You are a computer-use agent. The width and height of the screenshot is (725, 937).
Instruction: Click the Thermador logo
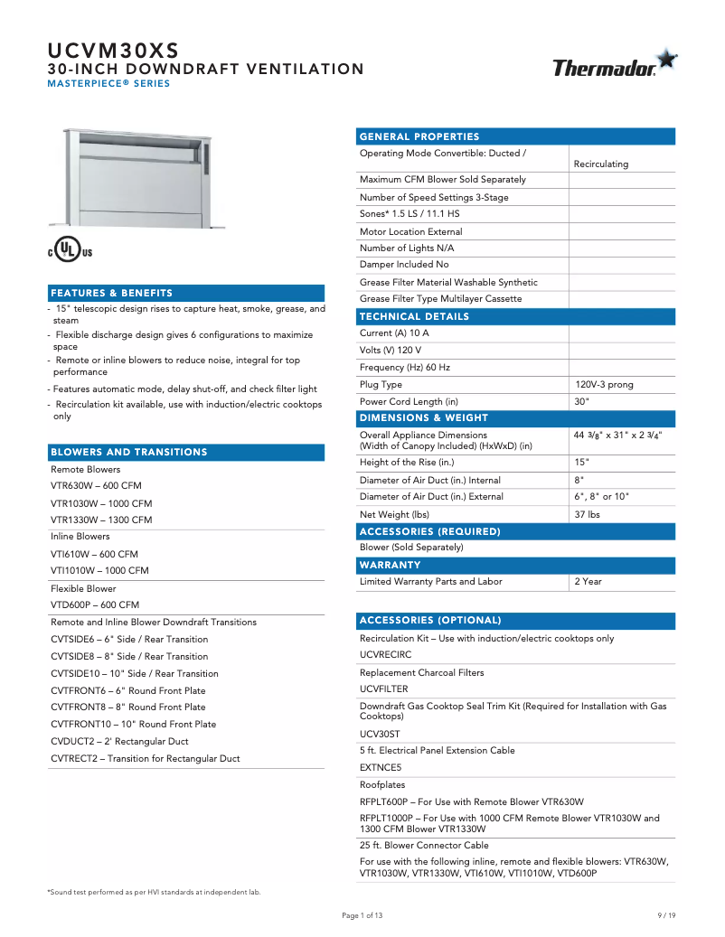tap(614, 65)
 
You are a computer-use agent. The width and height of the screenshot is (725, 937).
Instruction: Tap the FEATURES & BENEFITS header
tap(112, 294)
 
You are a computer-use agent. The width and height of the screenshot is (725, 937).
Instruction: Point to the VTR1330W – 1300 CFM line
tap(101, 520)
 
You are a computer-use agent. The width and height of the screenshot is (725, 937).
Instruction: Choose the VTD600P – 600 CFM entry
tap(95, 604)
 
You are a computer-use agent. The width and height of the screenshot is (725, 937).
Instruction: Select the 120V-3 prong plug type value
tap(604, 384)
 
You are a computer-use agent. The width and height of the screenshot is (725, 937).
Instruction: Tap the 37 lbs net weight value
tap(587, 514)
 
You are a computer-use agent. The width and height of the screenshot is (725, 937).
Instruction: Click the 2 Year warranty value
tap(588, 581)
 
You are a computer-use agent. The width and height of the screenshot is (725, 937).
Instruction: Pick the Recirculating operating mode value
tap(601, 164)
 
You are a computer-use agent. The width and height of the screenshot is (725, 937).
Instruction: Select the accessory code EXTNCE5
tap(381, 766)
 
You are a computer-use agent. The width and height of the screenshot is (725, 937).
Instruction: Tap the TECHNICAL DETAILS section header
tap(415, 317)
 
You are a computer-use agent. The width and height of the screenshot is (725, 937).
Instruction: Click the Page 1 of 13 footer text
tap(362, 915)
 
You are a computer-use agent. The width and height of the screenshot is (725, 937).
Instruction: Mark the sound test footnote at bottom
tap(154, 892)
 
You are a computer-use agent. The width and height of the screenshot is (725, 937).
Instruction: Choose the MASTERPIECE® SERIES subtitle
tap(108, 84)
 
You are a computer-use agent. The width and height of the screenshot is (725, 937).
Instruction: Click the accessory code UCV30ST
tap(380, 734)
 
